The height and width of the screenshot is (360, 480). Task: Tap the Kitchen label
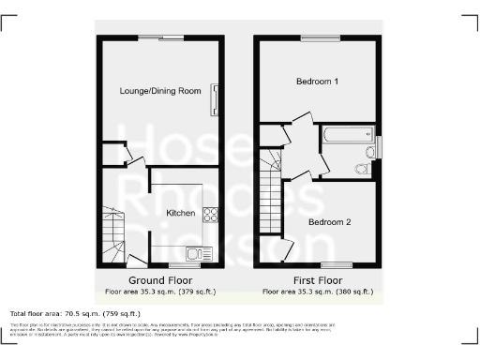180,213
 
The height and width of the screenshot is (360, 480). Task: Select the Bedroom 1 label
317,82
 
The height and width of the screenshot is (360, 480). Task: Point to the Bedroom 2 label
330,222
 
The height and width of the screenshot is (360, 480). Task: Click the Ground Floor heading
160,280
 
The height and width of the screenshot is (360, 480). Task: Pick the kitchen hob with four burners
212,215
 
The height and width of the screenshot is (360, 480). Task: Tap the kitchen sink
198,251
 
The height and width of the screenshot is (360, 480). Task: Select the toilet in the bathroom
362,169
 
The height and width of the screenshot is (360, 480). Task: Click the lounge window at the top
171,37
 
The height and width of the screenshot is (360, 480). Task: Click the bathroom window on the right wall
380,147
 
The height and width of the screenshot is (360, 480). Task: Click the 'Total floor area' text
75,313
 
